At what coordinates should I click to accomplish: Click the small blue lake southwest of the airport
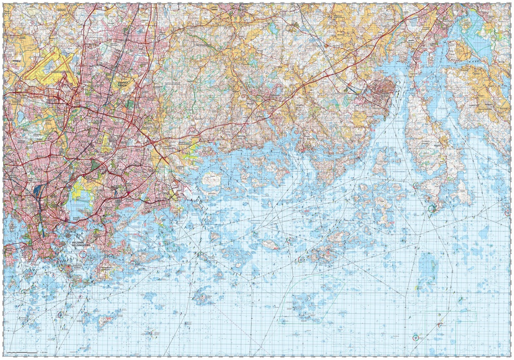click(x=20, y=117)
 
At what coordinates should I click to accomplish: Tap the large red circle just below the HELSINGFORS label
click(x=83, y=255)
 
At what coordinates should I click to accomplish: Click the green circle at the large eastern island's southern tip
click(x=431, y=208)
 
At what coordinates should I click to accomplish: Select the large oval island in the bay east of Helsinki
click(x=211, y=179)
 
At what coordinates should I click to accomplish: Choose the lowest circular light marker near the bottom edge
click(x=415, y=337)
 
